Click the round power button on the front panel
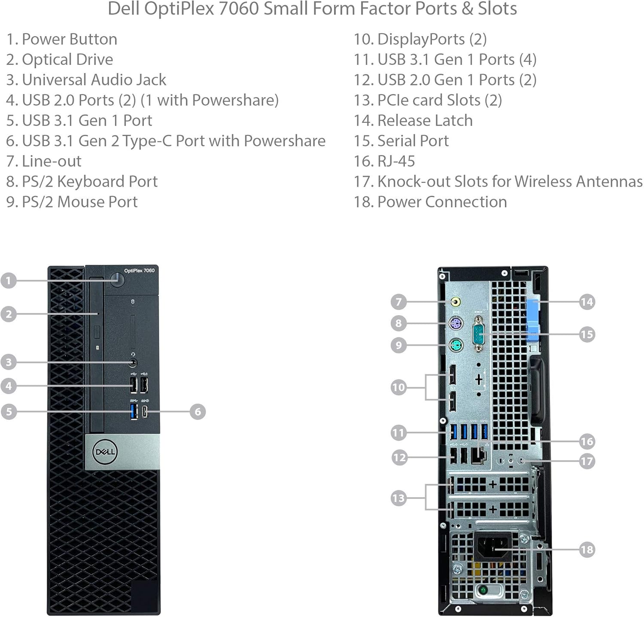(x=117, y=280)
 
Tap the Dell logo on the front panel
(x=104, y=451)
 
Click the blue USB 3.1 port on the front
(x=134, y=411)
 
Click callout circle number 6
(x=197, y=412)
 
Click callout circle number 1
(x=9, y=281)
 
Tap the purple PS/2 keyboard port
(x=456, y=323)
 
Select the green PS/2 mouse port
(x=456, y=345)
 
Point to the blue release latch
(x=533, y=316)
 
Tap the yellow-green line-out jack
(x=456, y=301)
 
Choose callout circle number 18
(x=586, y=549)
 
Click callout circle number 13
(x=398, y=498)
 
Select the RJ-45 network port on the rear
(x=478, y=456)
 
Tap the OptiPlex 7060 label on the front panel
(x=139, y=271)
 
